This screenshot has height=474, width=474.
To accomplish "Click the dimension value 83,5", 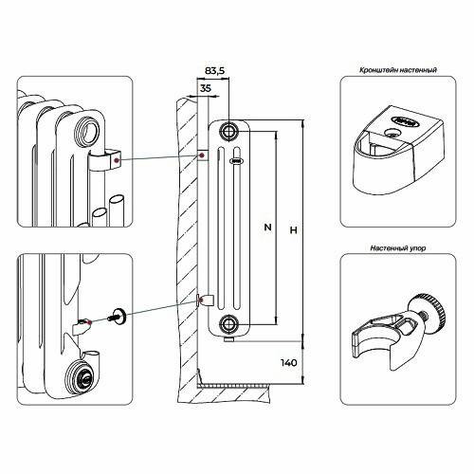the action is [214, 70].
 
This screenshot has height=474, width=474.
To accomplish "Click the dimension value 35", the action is [206, 88].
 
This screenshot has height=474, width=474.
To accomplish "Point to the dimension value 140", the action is [289, 363].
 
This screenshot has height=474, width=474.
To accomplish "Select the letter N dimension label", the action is [267, 227].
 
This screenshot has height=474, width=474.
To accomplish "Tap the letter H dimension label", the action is [294, 230].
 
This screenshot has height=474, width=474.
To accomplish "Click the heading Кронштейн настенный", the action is [398, 70].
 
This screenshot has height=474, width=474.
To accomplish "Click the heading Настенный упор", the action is [398, 248].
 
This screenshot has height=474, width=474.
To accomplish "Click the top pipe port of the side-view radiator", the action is [228, 131].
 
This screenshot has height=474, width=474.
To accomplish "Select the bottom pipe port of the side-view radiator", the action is [228, 323].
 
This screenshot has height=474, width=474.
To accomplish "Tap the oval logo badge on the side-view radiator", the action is [236, 161].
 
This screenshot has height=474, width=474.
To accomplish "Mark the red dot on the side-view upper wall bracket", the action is [201, 155].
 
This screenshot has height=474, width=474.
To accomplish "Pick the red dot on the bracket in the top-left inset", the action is [118, 160].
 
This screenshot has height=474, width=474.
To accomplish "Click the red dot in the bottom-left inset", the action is [90, 322].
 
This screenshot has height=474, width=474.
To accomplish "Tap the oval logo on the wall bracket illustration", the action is [406, 121].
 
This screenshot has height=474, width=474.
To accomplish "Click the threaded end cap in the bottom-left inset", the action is [82, 376].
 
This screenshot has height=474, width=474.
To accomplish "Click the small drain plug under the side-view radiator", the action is [228, 339].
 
